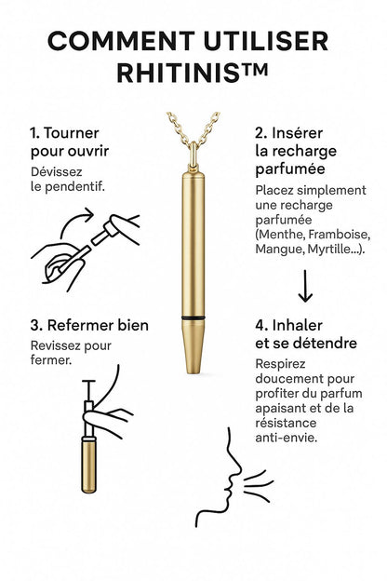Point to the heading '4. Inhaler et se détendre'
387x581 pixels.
[302, 334]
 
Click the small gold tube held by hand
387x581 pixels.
[90, 465]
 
